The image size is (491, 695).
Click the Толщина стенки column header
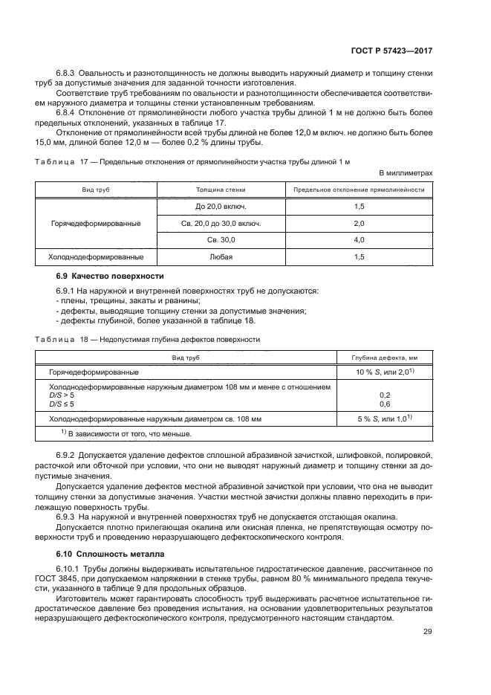pyautogui.click(x=210, y=190)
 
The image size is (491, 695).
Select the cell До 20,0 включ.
pyautogui.click(x=210, y=206)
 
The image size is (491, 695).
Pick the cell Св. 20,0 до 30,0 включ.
pyautogui.click(x=210, y=223)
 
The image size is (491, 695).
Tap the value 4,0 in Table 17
pyautogui.click(x=359, y=240)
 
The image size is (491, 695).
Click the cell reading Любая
pyautogui.click(x=210, y=257)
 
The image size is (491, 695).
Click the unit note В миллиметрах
pyautogui.click(x=406, y=172)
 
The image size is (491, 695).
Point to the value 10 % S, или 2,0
pyautogui.click(x=383, y=372)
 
